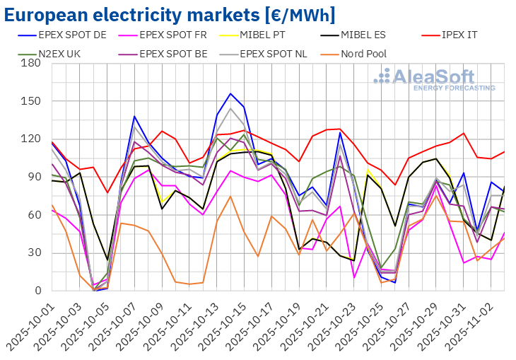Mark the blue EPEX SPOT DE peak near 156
(x=230, y=93)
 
